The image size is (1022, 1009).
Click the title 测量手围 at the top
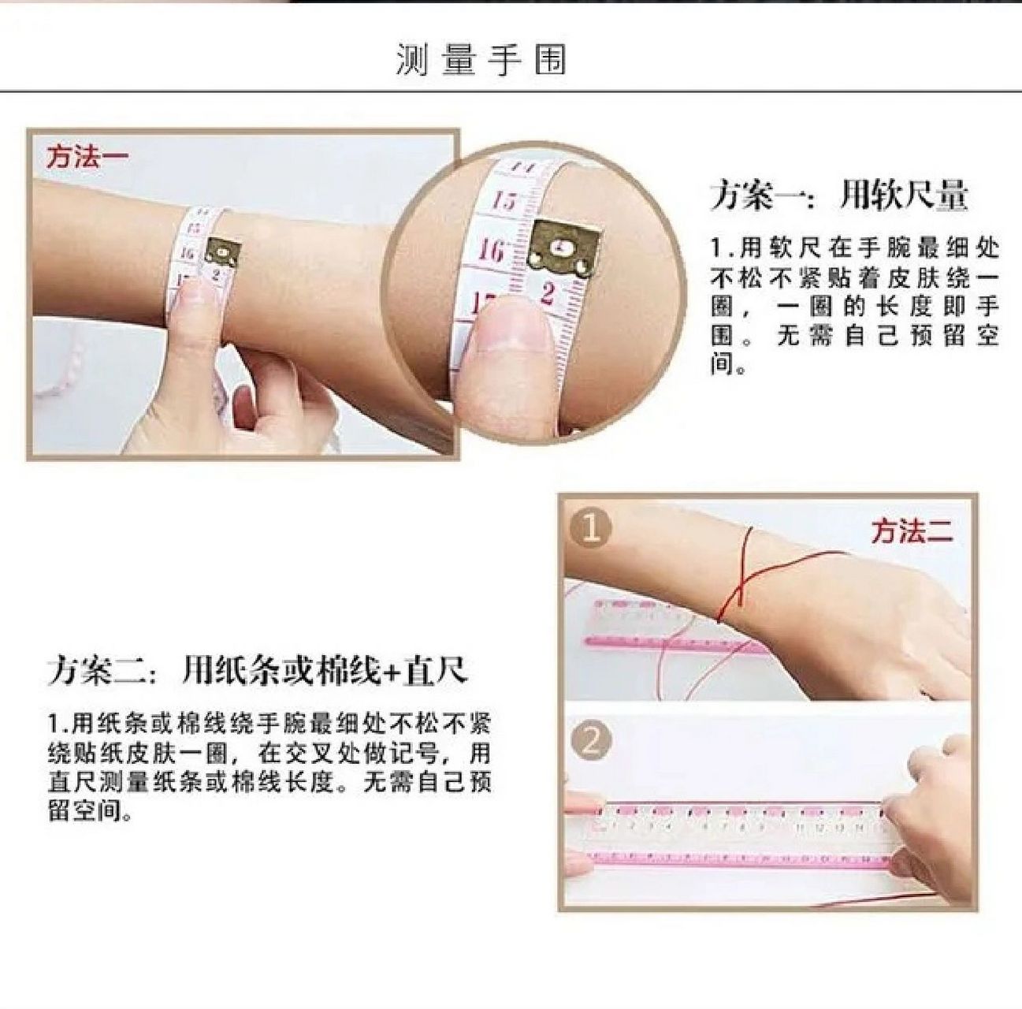[481, 60]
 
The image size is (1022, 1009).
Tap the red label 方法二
[912, 531]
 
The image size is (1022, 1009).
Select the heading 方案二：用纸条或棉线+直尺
[257, 671]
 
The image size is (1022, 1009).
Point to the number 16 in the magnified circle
[490, 250]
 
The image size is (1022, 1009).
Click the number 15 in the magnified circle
[503, 200]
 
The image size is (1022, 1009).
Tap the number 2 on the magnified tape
[548, 293]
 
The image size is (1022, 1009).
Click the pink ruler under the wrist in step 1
[670, 631]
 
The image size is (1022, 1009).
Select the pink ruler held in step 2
[741, 836]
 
